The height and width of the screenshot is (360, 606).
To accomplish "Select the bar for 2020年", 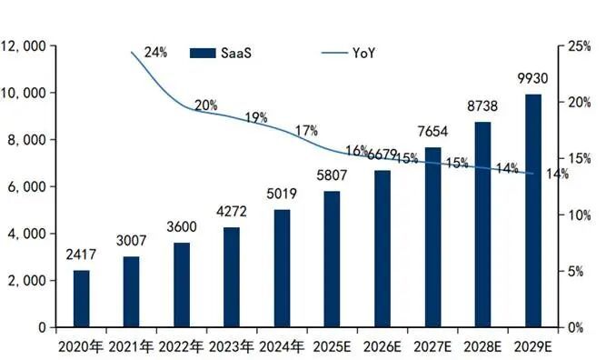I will click(x=82, y=298).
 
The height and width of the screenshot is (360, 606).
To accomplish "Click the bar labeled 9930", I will click(x=533, y=210).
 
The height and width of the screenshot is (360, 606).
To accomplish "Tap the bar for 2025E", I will click(x=333, y=259).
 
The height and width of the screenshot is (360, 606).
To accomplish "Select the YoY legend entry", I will click(x=350, y=54).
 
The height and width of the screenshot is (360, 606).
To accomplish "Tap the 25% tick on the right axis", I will click(x=579, y=45).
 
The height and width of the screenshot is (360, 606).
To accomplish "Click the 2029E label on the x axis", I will click(x=533, y=345).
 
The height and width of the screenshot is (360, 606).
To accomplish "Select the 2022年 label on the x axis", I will click(x=182, y=345).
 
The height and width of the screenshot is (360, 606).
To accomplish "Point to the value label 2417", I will click(x=82, y=255).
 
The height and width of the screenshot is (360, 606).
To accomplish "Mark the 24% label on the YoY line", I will click(x=155, y=53).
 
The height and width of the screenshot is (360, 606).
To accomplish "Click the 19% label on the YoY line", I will click(x=255, y=117).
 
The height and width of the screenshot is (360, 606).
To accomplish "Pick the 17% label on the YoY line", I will click(x=306, y=131).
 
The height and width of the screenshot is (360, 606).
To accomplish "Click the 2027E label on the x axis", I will click(x=432, y=345).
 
